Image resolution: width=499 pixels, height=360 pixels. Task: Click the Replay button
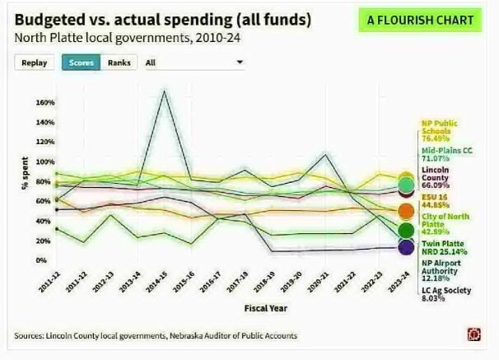[34, 63]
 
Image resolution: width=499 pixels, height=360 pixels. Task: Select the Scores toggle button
[80, 63]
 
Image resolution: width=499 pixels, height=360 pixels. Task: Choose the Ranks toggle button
[119, 63]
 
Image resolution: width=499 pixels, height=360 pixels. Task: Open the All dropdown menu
[194, 63]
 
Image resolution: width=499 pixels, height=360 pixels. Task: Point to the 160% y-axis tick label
[44, 103]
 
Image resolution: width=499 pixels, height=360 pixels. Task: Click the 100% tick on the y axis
[44, 162]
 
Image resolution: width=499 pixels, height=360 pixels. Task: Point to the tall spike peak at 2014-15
[166, 91]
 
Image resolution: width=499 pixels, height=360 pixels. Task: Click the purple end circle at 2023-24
[406, 245]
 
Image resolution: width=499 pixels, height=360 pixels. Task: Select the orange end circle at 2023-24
[406, 211]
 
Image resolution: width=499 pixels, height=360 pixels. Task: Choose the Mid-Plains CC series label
[444, 155]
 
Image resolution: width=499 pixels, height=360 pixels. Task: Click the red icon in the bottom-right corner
[473, 334]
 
